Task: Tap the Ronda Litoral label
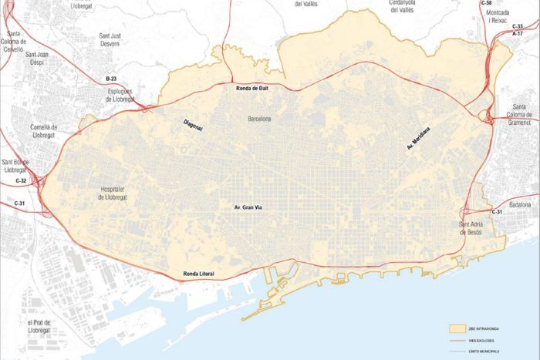pos(198,274)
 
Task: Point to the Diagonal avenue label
pos(193,125)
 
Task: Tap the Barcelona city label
pos(259,119)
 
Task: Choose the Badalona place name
pos(521,204)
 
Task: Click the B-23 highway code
pos(111,79)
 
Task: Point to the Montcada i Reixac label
pos(498,17)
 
